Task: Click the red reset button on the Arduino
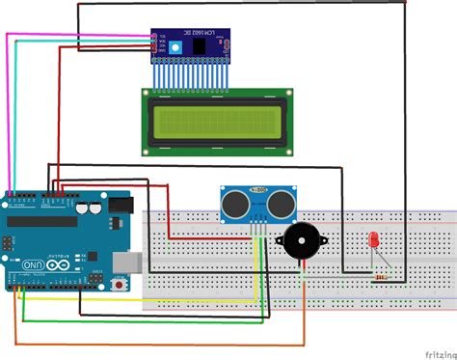point(121,285)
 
